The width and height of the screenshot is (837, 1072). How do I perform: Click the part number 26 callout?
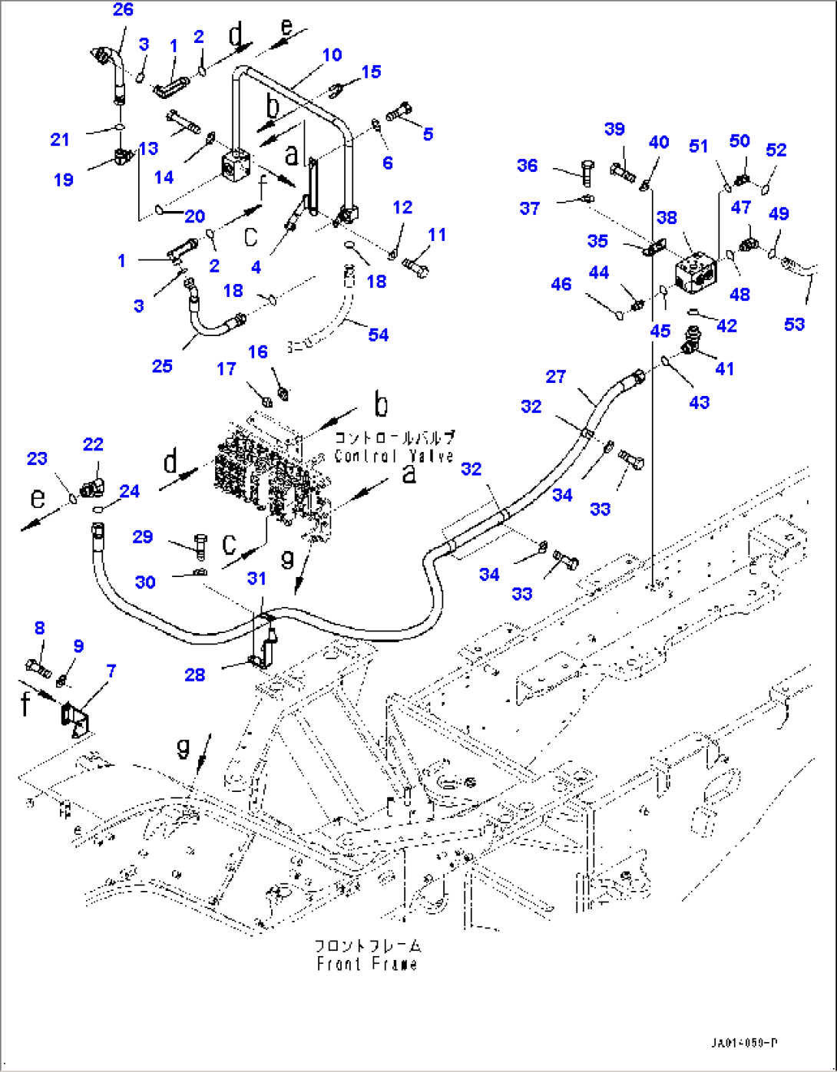point(123,9)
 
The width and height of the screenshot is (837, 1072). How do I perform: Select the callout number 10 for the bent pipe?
point(332,55)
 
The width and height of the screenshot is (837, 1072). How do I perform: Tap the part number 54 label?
point(378,335)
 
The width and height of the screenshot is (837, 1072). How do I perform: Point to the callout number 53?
point(794,324)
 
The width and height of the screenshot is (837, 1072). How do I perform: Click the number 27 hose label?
point(555,376)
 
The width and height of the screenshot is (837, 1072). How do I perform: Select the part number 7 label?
point(111,671)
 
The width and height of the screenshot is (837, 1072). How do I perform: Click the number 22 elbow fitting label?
point(93,444)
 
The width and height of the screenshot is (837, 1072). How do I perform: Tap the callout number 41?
point(724,368)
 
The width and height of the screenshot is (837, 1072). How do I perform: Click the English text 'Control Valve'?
point(394,456)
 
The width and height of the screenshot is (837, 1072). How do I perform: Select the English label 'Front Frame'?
point(367,964)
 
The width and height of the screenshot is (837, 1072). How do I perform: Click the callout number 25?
point(162,366)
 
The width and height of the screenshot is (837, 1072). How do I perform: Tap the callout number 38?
point(667,217)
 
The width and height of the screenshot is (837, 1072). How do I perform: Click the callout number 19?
point(64,180)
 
